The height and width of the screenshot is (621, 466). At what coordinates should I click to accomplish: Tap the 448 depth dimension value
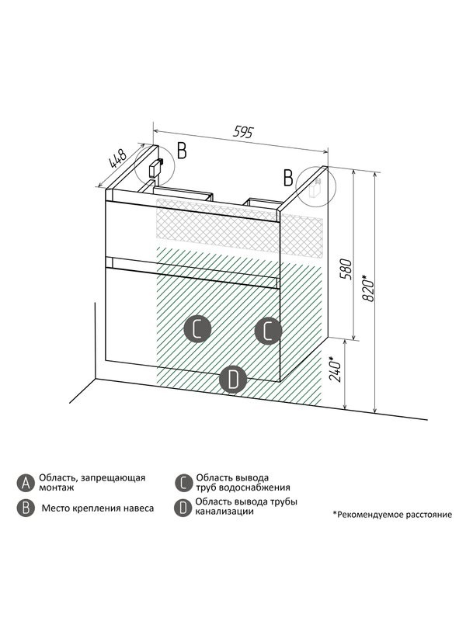(x=118, y=161)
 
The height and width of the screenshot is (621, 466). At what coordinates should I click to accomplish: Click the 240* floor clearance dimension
(x=334, y=371)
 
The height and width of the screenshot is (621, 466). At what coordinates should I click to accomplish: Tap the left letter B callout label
(x=182, y=151)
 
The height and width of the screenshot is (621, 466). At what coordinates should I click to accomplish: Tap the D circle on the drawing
(x=233, y=380)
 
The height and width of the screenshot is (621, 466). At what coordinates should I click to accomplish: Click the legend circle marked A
(x=26, y=483)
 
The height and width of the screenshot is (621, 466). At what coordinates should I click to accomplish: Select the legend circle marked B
(x=26, y=508)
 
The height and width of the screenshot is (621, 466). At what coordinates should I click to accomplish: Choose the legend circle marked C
(x=183, y=483)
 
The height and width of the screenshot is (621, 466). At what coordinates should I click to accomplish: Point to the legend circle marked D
(x=183, y=508)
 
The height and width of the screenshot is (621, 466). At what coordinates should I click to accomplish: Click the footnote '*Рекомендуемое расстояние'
(x=391, y=514)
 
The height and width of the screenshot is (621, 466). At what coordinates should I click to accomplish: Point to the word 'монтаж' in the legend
(x=54, y=489)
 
